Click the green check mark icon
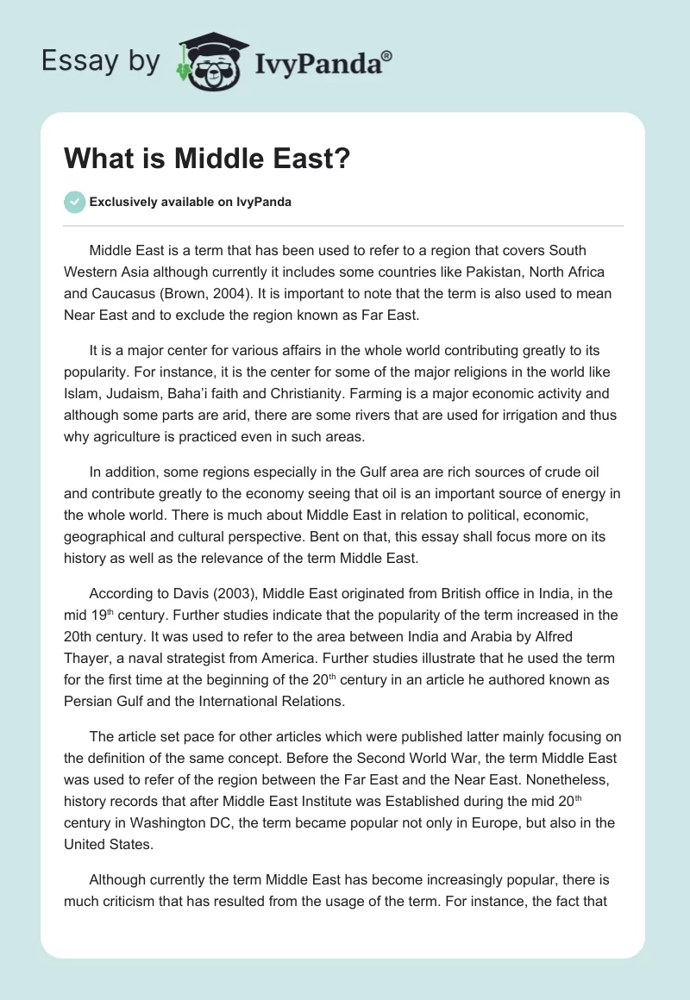(74, 202)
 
